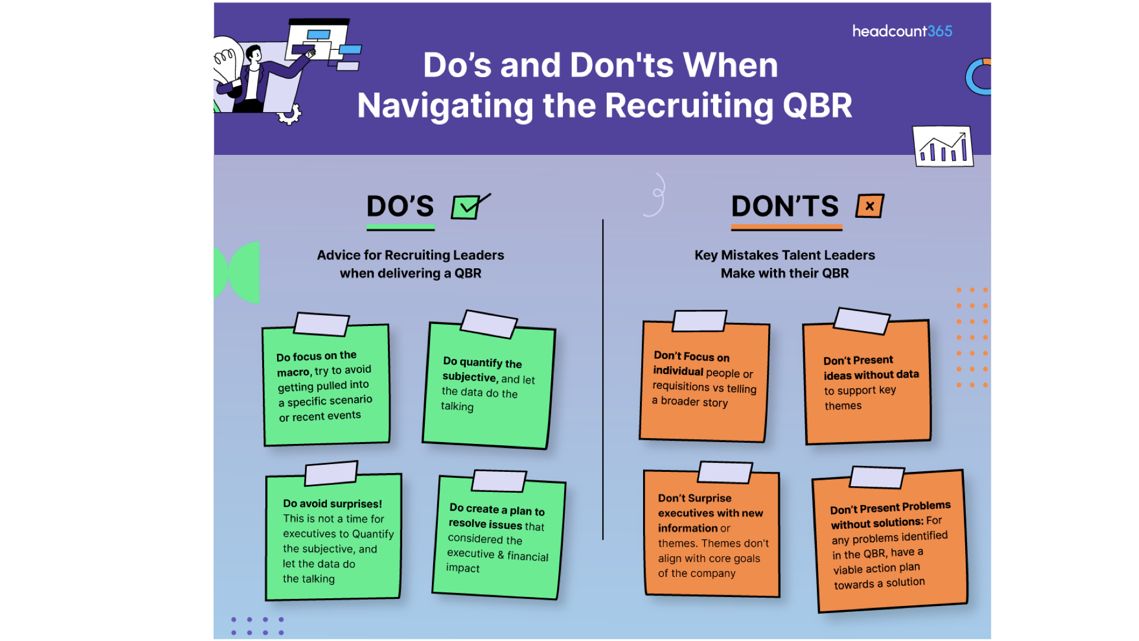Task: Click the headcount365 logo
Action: click(902, 31)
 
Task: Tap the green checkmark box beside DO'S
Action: click(467, 207)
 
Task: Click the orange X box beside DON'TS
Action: click(870, 206)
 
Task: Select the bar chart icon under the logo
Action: click(943, 147)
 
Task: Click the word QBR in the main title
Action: click(817, 106)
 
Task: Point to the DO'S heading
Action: click(400, 207)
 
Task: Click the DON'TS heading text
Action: click(785, 207)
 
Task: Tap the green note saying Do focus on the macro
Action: click(326, 386)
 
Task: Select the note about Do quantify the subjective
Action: click(488, 386)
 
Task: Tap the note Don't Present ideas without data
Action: click(867, 383)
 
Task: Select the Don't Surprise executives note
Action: click(712, 534)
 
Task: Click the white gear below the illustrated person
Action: click(289, 114)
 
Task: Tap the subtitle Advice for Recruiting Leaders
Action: click(410, 255)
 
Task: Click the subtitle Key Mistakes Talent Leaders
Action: click(784, 255)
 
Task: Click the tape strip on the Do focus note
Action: click(322, 324)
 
